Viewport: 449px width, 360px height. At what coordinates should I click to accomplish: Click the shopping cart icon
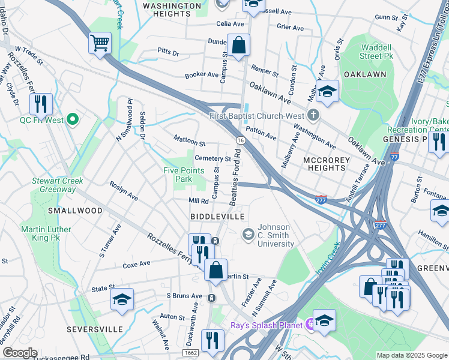pos(100,43)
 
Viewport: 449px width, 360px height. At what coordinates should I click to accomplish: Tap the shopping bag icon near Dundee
pos(238,45)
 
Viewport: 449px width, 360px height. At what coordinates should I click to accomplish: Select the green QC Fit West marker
pos(73,119)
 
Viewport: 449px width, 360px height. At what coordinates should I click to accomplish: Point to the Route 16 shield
pos(240,140)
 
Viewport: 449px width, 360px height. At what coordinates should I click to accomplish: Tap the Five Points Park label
pos(185,175)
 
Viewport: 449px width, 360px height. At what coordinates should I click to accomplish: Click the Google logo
pos(20,353)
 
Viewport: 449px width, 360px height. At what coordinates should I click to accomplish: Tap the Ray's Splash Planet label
pos(268,325)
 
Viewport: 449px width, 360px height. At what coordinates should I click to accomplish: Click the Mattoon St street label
pos(190,143)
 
